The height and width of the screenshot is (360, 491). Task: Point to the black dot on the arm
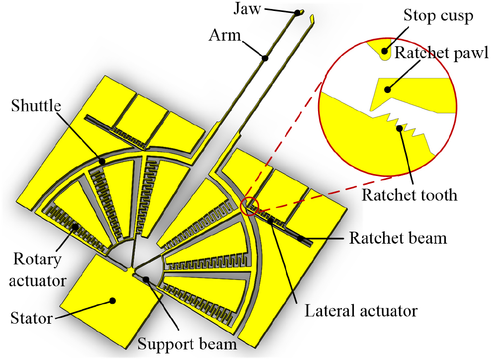[x=265, y=58]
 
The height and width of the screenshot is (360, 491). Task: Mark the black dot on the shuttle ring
[x=101, y=161]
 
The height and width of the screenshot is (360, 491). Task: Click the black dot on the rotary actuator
[x=75, y=227]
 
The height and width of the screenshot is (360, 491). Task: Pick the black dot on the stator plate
[x=113, y=300]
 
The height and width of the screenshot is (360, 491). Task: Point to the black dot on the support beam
[x=146, y=278]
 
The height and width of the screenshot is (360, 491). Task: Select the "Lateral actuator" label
[x=360, y=311]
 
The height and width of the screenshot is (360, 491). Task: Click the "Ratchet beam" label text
[x=398, y=238]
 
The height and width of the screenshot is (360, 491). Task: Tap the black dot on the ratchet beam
[x=301, y=239]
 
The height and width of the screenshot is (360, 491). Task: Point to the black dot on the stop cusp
[x=384, y=50]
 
